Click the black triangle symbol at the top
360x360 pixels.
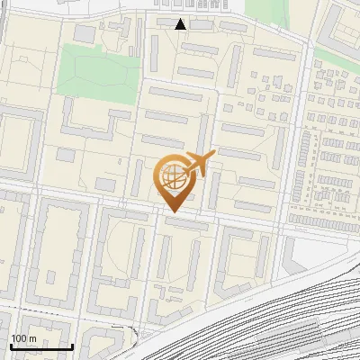[181, 24]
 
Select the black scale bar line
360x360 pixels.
[40, 347]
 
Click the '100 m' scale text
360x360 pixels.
[23, 338]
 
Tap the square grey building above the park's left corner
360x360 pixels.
[84, 33]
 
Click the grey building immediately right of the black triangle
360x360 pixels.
[201, 25]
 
